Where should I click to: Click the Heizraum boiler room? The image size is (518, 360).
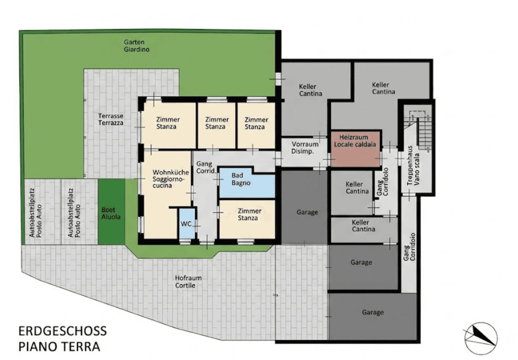(x=355, y=149)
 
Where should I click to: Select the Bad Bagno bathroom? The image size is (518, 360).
(x=246, y=183)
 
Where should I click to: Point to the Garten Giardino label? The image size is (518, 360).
(x=136, y=45)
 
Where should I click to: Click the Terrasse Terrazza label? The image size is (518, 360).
(x=111, y=119)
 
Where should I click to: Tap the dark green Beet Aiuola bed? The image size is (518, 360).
(x=112, y=212)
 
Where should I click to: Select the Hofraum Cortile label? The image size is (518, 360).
(x=188, y=282)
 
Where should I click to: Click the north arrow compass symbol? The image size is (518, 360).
(x=481, y=339)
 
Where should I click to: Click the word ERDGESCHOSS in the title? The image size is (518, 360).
(x=63, y=331)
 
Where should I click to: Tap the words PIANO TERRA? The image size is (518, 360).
(x=59, y=347)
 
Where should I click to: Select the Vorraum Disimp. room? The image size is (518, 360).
(x=304, y=152)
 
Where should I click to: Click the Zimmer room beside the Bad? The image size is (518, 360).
(x=247, y=219)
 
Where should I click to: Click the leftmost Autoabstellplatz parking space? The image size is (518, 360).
(x=42, y=212)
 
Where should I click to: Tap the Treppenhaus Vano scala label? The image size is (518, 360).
(x=413, y=165)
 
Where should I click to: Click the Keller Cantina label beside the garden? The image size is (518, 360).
(x=310, y=90)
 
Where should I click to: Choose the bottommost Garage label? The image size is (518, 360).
(x=373, y=312)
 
